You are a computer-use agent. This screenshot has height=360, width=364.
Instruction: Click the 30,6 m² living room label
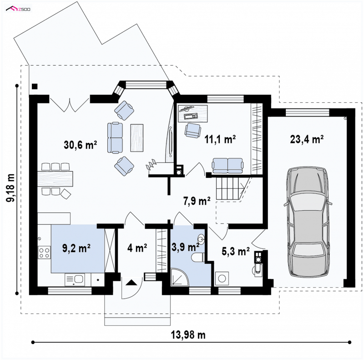click(81, 145)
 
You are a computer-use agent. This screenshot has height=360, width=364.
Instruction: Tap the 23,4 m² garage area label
click(307, 139)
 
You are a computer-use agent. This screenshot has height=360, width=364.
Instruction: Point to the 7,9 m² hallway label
click(197, 201)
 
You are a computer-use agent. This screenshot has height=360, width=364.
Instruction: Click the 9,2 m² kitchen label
click(76, 248)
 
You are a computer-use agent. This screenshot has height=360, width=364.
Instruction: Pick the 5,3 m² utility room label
click(236, 251)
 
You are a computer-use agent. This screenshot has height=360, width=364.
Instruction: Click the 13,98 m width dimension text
click(188, 335)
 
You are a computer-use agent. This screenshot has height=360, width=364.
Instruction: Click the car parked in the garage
click(308, 221)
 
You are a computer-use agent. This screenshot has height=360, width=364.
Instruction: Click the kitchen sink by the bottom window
click(75, 279)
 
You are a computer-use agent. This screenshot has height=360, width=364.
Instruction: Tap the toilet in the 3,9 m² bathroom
click(198, 257)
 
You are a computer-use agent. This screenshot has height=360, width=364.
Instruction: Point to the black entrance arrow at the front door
click(131, 283)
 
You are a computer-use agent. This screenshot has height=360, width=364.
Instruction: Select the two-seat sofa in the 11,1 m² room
click(227, 166)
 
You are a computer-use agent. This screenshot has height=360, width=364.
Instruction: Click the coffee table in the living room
click(137, 138)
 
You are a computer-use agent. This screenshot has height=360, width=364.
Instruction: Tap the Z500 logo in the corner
click(18, 9)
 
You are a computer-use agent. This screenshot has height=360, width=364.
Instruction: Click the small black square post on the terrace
click(35, 86)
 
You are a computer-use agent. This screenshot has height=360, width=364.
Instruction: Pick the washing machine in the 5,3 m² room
click(222, 279)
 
